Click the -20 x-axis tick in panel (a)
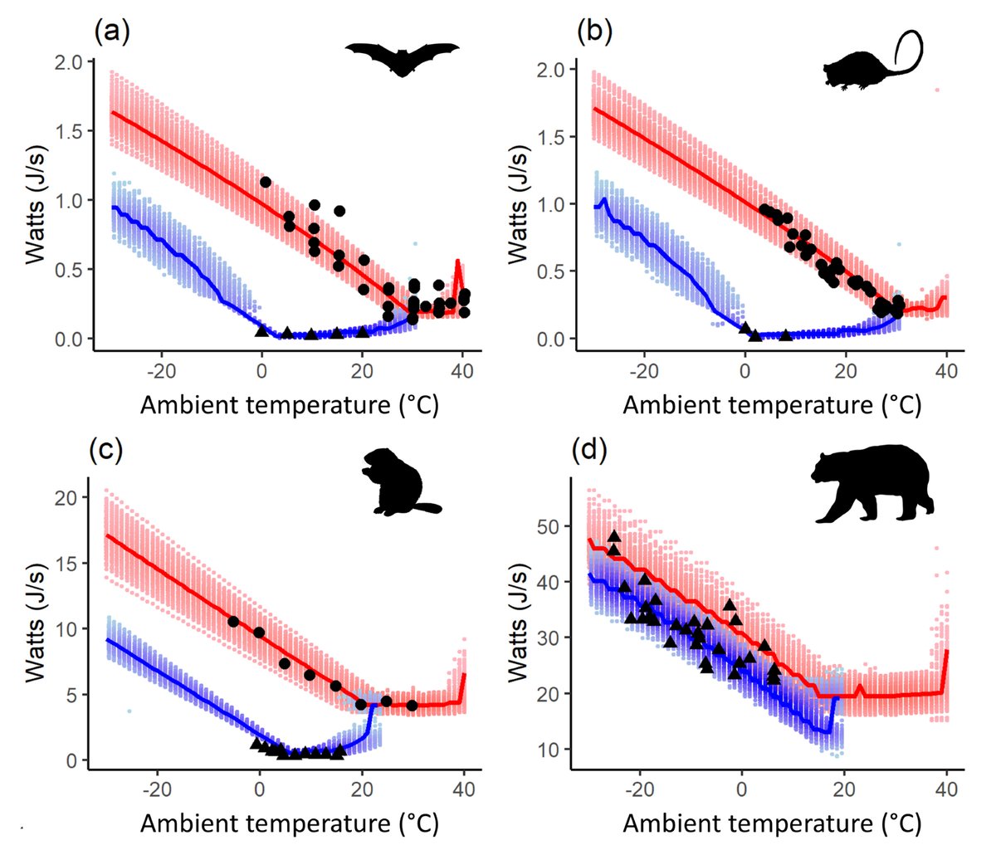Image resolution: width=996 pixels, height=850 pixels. [160, 371]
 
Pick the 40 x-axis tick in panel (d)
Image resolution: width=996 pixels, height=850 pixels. [946, 789]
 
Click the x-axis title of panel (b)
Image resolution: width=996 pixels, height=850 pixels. [772, 405]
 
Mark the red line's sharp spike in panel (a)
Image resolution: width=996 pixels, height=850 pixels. [458, 262]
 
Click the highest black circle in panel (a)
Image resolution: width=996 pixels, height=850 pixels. [266, 182]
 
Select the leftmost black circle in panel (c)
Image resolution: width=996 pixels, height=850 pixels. [234, 622]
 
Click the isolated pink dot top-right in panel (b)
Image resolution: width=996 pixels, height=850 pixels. [937, 90]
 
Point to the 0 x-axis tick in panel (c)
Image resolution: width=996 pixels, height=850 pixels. [260, 789]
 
